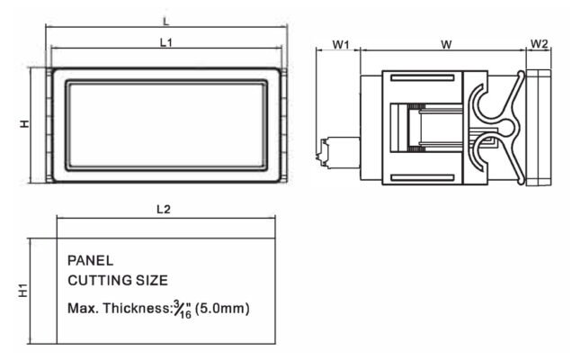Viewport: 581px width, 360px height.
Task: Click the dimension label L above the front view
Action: [x=166, y=22]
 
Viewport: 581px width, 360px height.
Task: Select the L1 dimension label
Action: [x=166, y=42]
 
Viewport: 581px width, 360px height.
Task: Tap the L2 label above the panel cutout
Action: [x=164, y=210]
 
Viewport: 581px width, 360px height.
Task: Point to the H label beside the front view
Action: [x=24, y=124]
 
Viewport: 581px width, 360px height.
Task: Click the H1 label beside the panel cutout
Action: [x=23, y=291]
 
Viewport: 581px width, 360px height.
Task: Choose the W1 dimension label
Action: [x=341, y=44]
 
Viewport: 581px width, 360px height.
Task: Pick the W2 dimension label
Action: [x=539, y=44]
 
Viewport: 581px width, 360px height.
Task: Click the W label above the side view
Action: [x=446, y=44]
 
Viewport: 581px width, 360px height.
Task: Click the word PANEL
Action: [x=91, y=261]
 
